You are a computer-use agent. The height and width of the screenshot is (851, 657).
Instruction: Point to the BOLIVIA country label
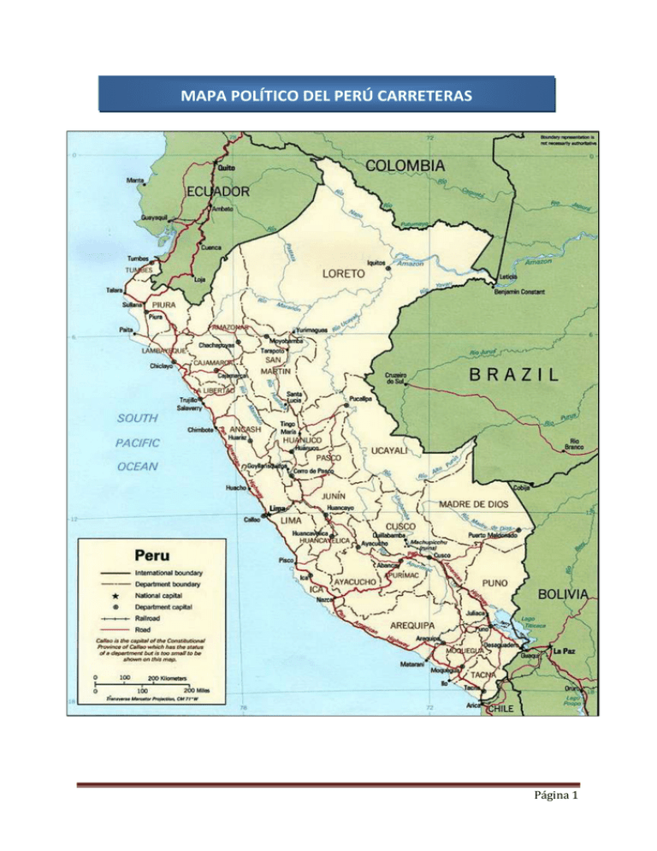(x=562, y=593)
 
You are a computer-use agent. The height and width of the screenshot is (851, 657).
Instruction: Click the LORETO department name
(x=344, y=274)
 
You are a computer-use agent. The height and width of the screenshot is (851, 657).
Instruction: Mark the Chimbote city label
(x=203, y=431)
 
